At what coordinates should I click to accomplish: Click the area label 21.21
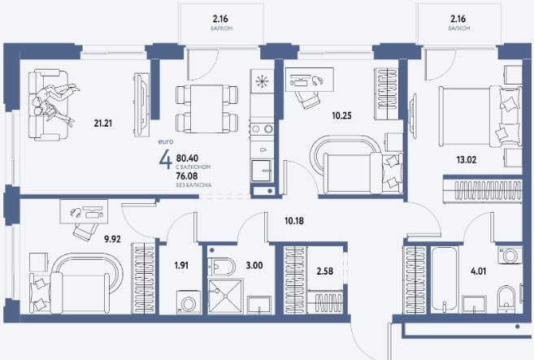point(103,123)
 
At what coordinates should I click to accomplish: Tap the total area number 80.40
point(187,158)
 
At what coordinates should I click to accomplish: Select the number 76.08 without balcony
point(187,176)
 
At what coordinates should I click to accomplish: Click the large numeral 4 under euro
point(165,160)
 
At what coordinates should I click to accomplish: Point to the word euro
point(166,141)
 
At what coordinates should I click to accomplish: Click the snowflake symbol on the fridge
point(262,81)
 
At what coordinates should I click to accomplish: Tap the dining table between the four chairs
point(206,109)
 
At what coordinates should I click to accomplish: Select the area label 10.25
point(341,115)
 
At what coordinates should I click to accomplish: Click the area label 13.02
point(467,159)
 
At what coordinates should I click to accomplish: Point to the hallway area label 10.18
point(294,221)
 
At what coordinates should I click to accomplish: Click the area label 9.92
point(112,239)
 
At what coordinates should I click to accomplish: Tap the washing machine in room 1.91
point(189,301)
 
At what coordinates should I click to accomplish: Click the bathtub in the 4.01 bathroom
point(444,280)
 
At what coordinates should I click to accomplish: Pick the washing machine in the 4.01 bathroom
point(510,255)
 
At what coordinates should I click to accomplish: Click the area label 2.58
point(325,271)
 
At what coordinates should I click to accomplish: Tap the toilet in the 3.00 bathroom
point(222,266)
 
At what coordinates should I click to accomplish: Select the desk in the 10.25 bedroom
point(309,80)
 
